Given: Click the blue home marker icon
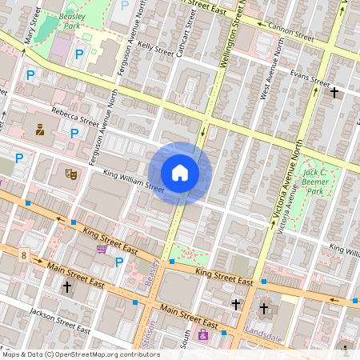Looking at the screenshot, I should click(180, 173).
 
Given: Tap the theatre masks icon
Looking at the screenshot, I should click(70, 172).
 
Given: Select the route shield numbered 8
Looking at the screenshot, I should click(25, 256).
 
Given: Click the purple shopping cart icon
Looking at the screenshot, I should click(102, 250).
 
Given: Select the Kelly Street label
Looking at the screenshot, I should click(155, 50).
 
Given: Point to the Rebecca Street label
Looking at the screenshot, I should click(74, 118).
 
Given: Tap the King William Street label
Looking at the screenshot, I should click(134, 182).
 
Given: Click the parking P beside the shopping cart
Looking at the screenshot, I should click(119, 262).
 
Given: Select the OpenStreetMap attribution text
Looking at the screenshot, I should click(80, 354).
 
